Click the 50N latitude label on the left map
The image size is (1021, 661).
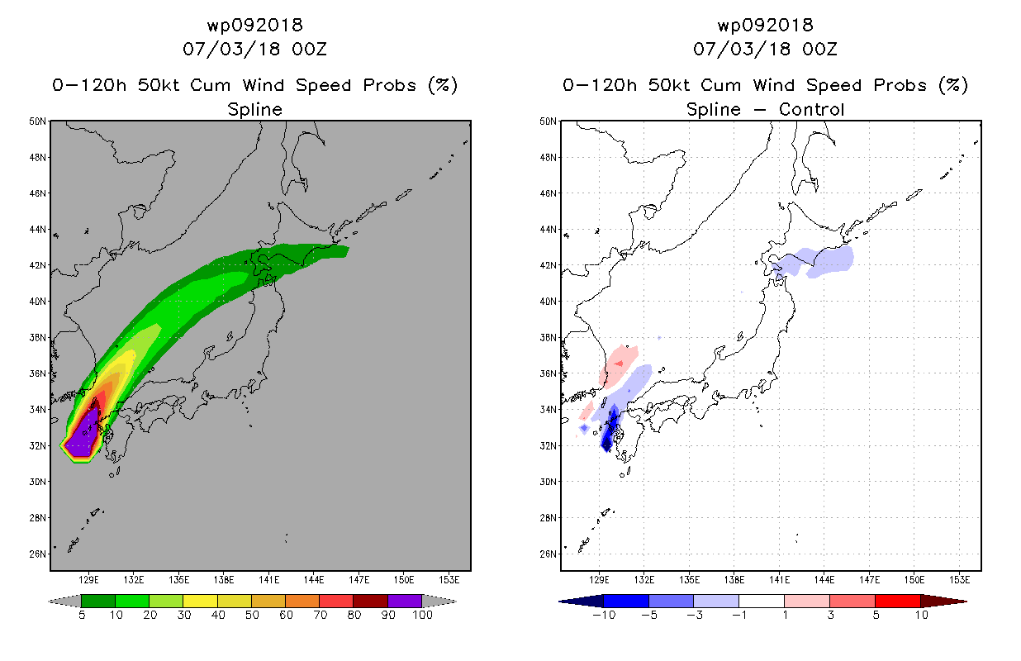[x=37, y=121]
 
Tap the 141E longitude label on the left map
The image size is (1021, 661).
[x=269, y=580]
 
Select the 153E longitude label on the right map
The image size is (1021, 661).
[x=960, y=580]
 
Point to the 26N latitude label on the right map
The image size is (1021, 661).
[x=548, y=554]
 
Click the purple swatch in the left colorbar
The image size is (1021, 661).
[x=405, y=601]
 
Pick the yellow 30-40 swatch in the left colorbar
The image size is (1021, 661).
[x=200, y=601]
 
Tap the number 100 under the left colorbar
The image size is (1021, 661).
[x=422, y=615]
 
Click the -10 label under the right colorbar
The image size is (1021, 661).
[x=604, y=615]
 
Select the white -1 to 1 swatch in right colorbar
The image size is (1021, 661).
[x=762, y=601]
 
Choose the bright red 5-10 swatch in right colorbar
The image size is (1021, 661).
[x=898, y=601]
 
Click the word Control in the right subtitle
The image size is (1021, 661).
[x=811, y=109]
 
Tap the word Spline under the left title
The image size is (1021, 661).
[x=254, y=110]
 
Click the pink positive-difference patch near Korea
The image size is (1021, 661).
[x=619, y=364]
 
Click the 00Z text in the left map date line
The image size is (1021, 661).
[x=310, y=49]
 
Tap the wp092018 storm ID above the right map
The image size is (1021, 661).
[x=765, y=25]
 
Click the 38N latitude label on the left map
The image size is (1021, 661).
[x=37, y=337]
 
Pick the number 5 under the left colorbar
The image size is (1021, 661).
[x=82, y=615]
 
